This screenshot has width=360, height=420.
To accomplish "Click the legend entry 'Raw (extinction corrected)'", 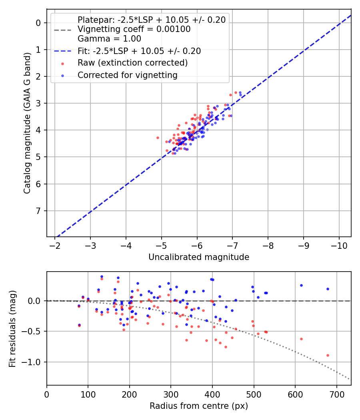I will click(132, 63).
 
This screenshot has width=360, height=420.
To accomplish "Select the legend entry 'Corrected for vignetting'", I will click(128, 75).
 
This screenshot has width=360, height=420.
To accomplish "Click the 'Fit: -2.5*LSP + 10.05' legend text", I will click(139, 51).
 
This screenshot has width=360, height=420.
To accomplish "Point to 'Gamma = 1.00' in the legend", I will click(109, 39).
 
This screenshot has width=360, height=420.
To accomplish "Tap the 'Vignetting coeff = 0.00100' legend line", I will click(134, 29).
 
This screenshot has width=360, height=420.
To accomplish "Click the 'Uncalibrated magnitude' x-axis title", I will click(199, 257).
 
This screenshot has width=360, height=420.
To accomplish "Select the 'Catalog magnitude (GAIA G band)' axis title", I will click(27, 122).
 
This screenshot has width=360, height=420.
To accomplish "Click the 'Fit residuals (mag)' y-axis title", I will click(12, 328).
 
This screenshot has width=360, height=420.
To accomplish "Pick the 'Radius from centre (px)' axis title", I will click(199, 406).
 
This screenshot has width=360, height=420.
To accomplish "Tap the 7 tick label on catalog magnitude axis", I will click(39, 211).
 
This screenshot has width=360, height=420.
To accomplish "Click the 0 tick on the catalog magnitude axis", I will click(39, 23).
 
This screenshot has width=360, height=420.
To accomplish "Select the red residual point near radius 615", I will click(301, 339).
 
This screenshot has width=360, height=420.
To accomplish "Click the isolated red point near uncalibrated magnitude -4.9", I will click(158, 138).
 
